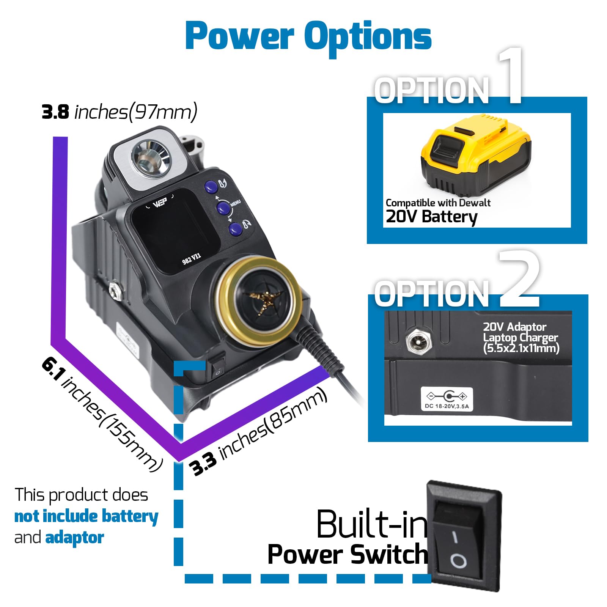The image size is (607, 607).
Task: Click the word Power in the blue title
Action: (240, 36)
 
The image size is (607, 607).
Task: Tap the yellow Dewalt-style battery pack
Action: (476, 155)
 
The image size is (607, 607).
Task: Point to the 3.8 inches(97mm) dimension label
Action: (120, 112)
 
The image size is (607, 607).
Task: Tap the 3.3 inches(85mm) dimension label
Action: (258, 432)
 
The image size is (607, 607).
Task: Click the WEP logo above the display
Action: (160, 204)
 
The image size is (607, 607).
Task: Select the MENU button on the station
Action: (223, 208)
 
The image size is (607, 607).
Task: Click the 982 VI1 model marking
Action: (191, 259)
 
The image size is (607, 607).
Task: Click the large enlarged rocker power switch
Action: (464, 536)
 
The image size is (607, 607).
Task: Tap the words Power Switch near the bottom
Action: (348, 554)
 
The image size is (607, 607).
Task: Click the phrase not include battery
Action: (86, 516)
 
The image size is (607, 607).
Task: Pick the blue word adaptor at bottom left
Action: (74, 538)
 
